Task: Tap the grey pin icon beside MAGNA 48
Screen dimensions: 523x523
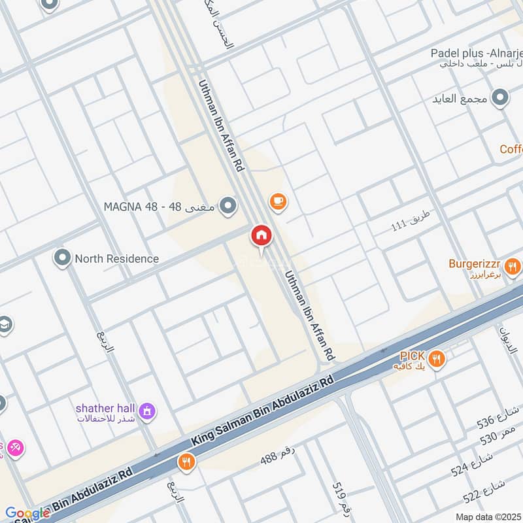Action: (x=228, y=207)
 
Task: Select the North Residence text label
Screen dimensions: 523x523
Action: (x=116, y=258)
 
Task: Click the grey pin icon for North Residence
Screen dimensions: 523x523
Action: (x=62, y=258)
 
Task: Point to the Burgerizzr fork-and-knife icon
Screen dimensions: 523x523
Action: (x=513, y=266)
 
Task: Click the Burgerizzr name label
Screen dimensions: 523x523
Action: (x=475, y=264)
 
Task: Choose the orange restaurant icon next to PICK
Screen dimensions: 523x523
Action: (x=437, y=358)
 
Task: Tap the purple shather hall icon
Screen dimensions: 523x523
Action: (x=148, y=411)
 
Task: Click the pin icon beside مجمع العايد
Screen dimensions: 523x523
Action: (x=500, y=99)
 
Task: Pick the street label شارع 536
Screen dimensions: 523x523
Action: (x=498, y=418)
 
